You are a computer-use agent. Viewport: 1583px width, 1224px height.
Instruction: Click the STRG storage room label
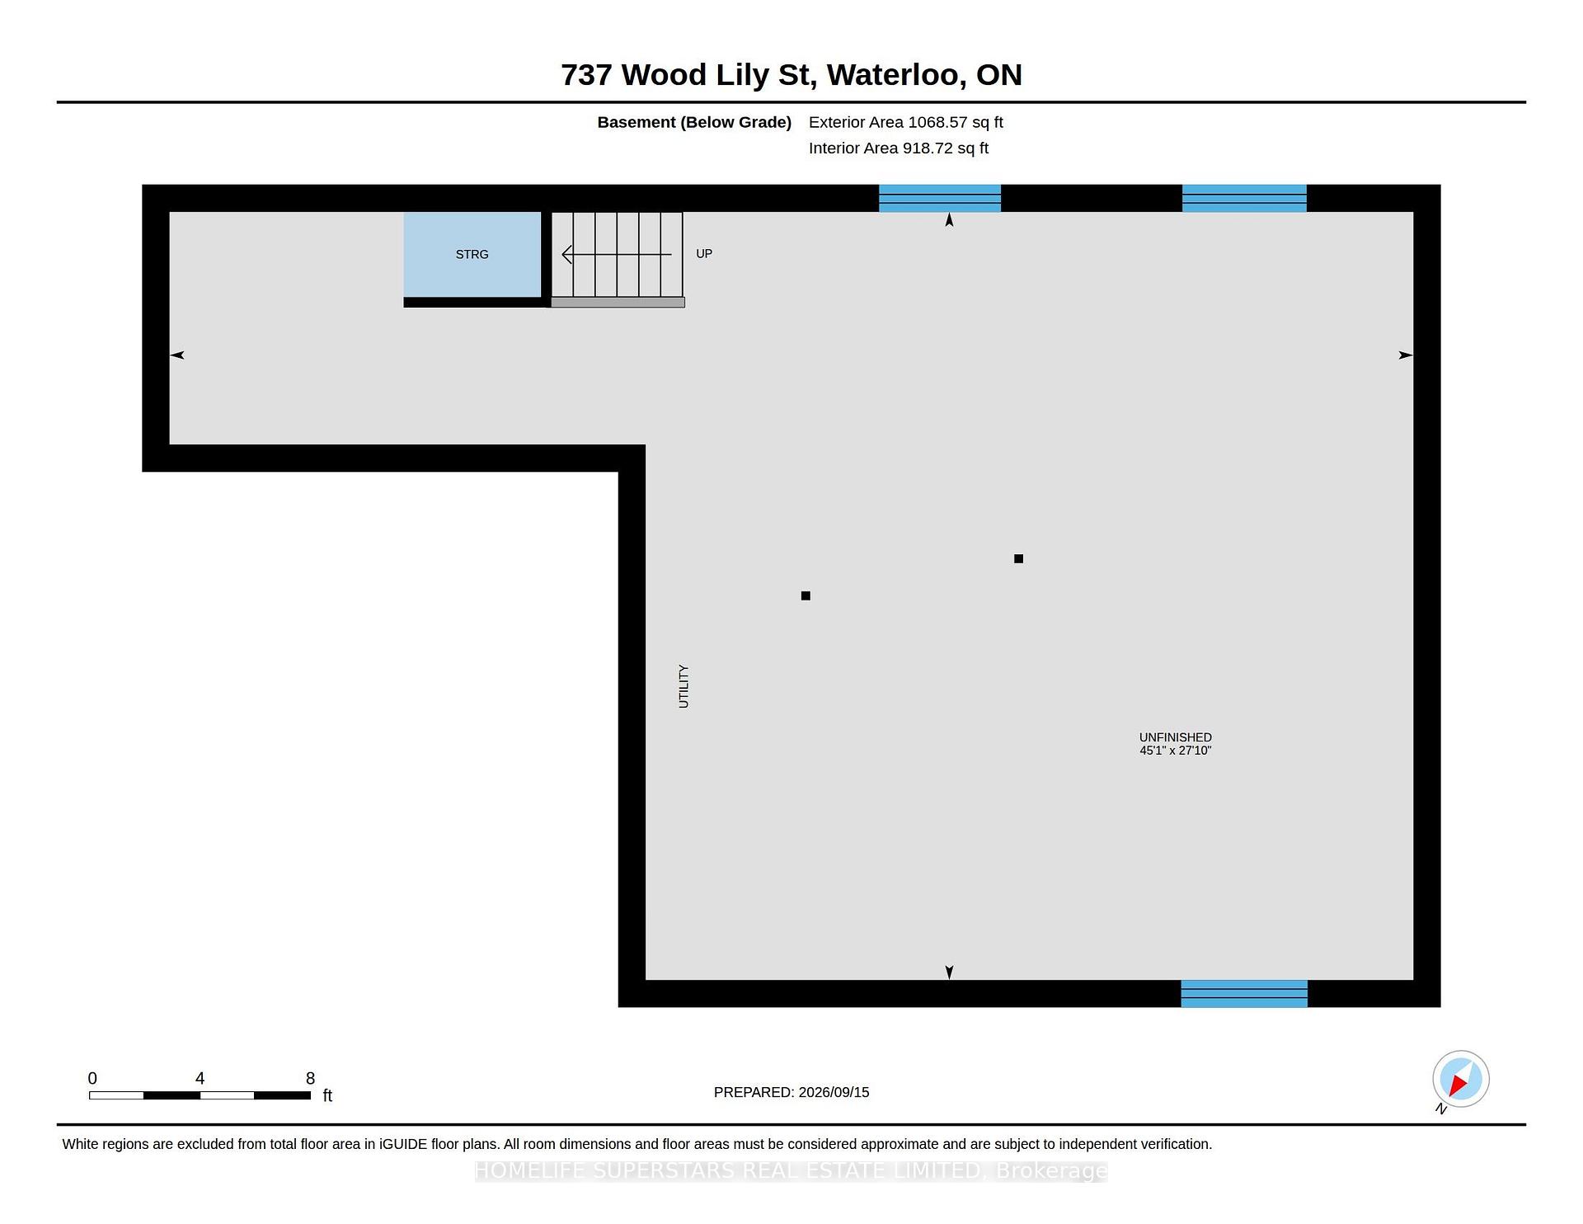pyautogui.click(x=472, y=254)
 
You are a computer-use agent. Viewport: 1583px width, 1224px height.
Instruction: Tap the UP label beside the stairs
pyautogui.click(x=704, y=253)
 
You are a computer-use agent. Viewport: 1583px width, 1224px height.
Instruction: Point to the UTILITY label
pyautogui.click(x=683, y=686)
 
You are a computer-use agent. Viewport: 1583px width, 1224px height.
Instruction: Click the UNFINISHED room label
pyautogui.click(x=1175, y=737)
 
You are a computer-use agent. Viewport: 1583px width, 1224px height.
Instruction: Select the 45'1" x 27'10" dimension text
pyautogui.click(x=1175, y=751)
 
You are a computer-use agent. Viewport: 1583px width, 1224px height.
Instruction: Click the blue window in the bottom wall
pyautogui.click(x=1244, y=994)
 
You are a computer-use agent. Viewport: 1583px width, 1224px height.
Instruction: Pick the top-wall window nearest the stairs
pyautogui.click(x=940, y=198)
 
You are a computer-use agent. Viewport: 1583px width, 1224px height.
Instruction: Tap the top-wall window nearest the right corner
pyautogui.click(x=1244, y=198)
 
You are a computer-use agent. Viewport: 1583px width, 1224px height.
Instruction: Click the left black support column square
pyautogui.click(x=806, y=596)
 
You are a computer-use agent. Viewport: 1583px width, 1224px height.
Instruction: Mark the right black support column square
pyautogui.click(x=1018, y=558)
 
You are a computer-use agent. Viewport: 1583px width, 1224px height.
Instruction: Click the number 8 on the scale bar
pyautogui.click(x=310, y=1078)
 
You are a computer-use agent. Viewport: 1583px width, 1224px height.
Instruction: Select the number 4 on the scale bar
pyautogui.click(x=200, y=1078)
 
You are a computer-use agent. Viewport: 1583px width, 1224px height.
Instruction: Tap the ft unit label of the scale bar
pyautogui.click(x=327, y=1095)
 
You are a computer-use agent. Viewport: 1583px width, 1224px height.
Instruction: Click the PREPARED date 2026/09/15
pyautogui.click(x=834, y=1092)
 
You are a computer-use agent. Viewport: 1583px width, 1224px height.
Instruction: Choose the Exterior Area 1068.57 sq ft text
pyautogui.click(x=905, y=122)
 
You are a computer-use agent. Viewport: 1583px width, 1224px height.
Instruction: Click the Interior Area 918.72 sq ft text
pyautogui.click(x=898, y=148)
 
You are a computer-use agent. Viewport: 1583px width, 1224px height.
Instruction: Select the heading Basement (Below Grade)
pyautogui.click(x=694, y=122)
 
